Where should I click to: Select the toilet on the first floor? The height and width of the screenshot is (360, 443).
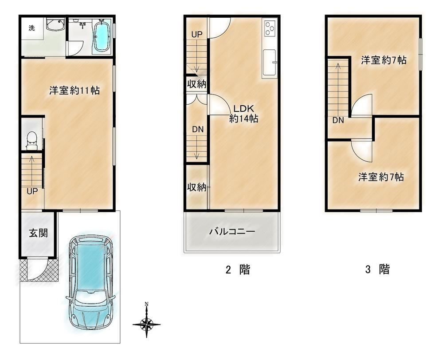click(31, 141)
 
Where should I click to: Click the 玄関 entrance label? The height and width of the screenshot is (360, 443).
click(39, 233)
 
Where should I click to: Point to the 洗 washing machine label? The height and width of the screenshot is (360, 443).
click(31, 28)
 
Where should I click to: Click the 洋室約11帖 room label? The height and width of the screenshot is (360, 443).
click(74, 91)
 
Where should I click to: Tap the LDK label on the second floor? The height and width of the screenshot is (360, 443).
click(243, 108)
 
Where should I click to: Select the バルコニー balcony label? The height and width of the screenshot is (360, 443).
click(232, 232)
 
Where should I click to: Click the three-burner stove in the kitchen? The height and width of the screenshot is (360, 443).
click(270, 28)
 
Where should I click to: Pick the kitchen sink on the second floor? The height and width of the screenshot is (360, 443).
click(269, 63)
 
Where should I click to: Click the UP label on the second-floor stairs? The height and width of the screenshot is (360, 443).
click(197, 35)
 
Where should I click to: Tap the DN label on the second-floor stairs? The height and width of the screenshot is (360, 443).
click(198, 129)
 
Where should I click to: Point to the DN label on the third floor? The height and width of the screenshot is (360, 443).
click(338, 120)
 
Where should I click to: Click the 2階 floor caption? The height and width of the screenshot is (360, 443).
click(238, 269)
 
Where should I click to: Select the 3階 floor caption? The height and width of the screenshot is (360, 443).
click(377, 269)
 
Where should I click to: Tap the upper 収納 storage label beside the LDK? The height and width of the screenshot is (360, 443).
click(197, 84)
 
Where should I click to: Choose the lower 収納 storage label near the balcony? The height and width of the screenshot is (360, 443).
click(197, 187)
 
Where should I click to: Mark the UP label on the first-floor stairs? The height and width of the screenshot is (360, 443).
click(32, 191)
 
